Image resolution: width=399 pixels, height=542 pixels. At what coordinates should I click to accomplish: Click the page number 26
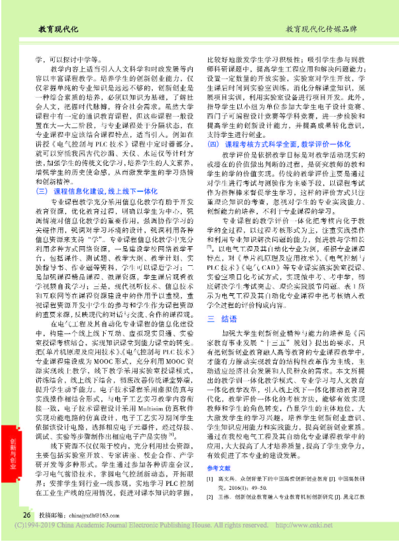click(x=27, y=515)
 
